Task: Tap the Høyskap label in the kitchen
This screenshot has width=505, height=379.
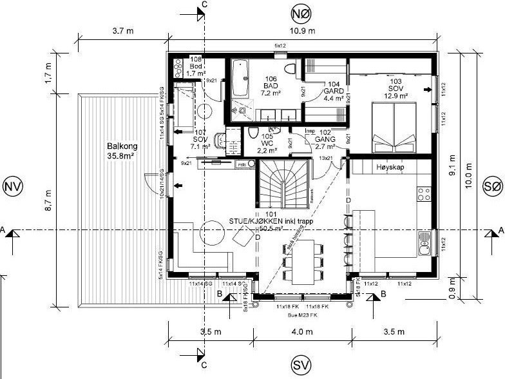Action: pos(388,166)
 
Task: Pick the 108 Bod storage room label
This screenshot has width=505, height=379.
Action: pos(195,66)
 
